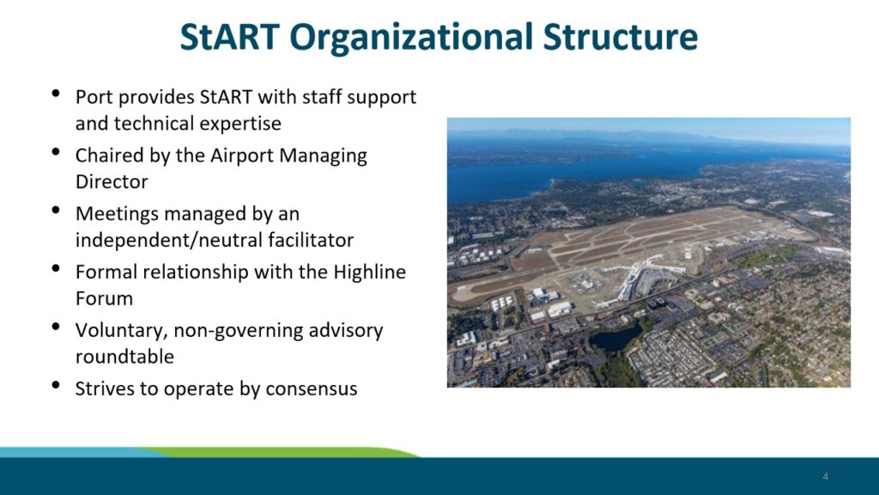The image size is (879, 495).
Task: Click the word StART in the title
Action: tap(229, 37)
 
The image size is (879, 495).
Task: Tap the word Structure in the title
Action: tap(620, 37)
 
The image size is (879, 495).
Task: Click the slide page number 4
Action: tap(825, 476)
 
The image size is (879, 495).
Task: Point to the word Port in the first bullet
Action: tap(94, 97)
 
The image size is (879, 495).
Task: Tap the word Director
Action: tap(112, 182)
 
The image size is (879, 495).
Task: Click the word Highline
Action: tap(369, 272)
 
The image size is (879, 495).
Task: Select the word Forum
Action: tap(104, 298)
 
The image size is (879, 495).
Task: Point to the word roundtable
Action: tap(124, 357)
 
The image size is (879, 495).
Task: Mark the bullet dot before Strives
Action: tap(56, 385)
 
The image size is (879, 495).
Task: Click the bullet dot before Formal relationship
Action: tap(56, 268)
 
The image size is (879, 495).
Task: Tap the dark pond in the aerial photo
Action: tap(615, 337)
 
